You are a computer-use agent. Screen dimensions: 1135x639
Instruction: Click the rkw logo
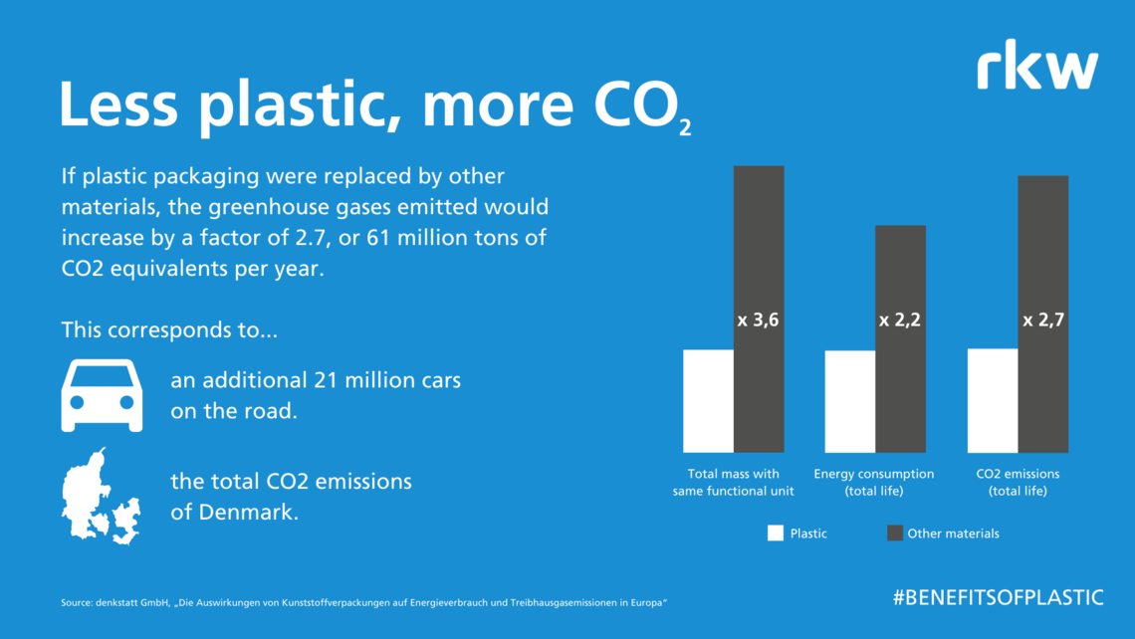click(x=1037, y=65)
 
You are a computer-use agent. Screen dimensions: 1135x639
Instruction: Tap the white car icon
click(x=103, y=395)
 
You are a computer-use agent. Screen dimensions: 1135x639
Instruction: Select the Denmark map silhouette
click(x=101, y=497)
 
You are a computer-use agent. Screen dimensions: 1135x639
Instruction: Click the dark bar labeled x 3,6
click(x=759, y=309)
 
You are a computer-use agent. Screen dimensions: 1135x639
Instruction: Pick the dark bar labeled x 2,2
click(x=900, y=338)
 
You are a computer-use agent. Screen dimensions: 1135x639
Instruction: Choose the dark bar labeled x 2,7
click(x=1043, y=315)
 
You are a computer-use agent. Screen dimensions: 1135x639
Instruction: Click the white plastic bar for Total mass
click(x=708, y=401)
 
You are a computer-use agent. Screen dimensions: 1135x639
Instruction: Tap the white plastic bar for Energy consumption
click(x=850, y=402)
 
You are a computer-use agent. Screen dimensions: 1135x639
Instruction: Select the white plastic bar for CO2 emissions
click(x=993, y=401)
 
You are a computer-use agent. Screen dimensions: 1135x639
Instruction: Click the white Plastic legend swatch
click(x=776, y=533)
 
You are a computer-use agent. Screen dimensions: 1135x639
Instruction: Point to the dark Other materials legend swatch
click(x=895, y=533)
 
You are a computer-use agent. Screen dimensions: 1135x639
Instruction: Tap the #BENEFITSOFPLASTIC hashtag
click(x=999, y=598)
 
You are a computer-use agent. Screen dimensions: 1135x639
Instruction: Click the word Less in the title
click(x=118, y=105)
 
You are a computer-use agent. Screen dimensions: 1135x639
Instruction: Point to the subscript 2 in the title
click(x=685, y=128)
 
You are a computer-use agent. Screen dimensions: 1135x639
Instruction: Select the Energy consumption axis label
click(x=874, y=482)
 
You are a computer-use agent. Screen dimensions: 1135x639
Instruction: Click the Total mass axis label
click(x=733, y=482)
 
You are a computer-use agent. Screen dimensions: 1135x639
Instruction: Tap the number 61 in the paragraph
click(x=378, y=237)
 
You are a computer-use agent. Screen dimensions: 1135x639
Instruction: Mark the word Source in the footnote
click(x=76, y=603)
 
